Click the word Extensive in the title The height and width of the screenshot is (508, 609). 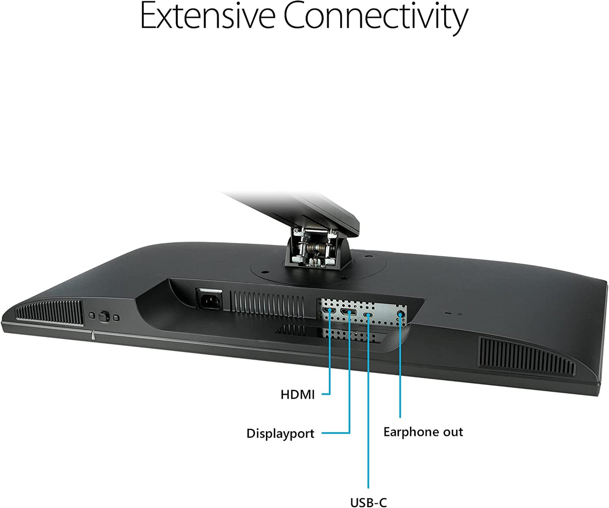coord(207,16)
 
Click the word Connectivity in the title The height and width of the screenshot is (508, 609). coord(376,18)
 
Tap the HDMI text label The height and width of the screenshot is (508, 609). coord(298,395)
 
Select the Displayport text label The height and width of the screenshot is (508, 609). coord(280,434)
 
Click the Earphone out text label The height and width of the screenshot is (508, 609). coord(423,432)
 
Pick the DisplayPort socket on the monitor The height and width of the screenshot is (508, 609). coord(348,312)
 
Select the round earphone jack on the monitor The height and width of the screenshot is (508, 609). coord(400,314)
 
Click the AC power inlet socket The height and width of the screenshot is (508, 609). coord(210,299)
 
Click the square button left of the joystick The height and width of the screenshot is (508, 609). coord(92,316)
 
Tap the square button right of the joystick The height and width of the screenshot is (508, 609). coord(116,318)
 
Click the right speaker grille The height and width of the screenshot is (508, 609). coord(526,357)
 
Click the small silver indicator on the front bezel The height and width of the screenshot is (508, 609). coord(93,336)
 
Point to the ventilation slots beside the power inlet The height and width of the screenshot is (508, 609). coord(267,304)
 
